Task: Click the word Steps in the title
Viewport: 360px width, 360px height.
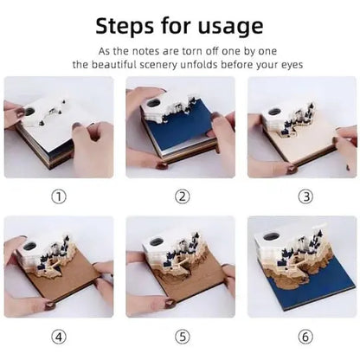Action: coord(125,26)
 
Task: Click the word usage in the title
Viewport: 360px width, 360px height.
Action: coord(231,28)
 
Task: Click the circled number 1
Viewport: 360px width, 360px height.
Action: coord(59,196)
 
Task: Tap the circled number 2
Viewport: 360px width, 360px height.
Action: coord(182,196)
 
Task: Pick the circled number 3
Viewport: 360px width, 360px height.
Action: coord(305,196)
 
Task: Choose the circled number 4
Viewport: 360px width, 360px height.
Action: coord(59,337)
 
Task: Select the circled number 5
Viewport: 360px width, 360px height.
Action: coord(182,337)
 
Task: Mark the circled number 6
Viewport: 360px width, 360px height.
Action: coord(305,337)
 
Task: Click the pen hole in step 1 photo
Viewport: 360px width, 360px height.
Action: coord(29,111)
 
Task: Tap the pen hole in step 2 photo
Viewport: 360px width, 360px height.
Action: coord(154,103)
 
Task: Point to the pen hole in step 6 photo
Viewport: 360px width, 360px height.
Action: coord(272,237)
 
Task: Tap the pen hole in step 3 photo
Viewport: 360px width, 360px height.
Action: coord(274,112)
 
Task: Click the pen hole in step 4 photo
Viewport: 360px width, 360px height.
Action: coord(29,246)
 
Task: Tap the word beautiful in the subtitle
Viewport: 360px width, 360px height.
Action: coord(114,65)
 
